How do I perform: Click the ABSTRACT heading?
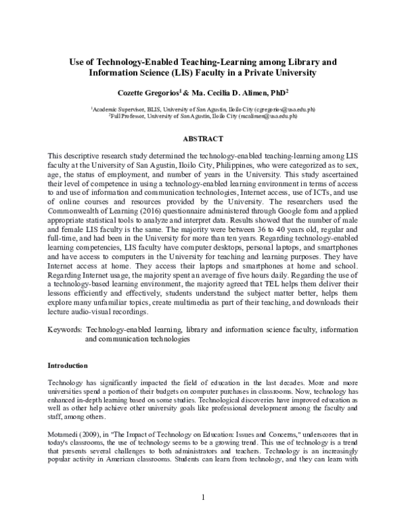tap(203, 139)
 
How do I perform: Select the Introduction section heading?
tap(69, 365)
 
